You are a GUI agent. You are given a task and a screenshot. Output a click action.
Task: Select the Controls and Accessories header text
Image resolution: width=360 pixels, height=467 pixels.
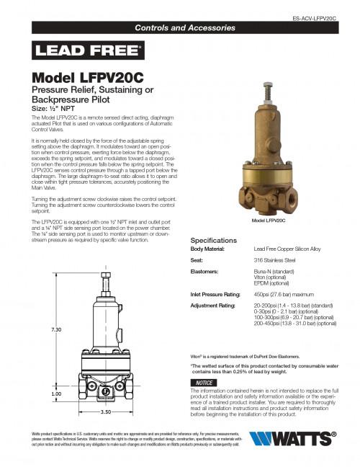click(186, 28)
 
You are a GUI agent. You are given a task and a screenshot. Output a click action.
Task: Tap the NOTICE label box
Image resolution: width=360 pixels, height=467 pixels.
click(204, 382)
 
